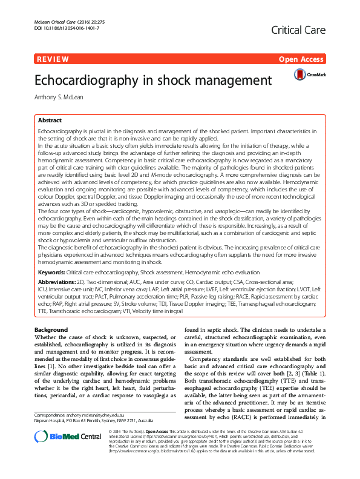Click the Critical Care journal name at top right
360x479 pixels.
click(299, 30)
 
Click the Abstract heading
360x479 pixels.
click(50, 121)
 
